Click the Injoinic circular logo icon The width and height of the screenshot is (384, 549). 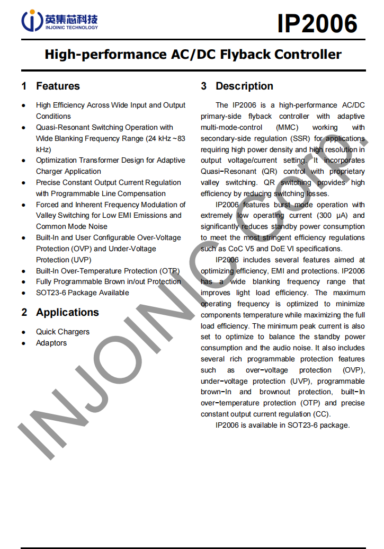point(31,21)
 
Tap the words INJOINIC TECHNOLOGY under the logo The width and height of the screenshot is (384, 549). point(72,28)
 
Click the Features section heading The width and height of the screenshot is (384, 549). point(58,86)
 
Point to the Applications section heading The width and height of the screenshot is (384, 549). point(67,312)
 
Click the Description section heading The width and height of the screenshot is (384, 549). point(244,86)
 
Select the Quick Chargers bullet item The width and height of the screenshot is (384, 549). point(62,332)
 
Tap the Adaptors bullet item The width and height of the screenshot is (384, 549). point(51,343)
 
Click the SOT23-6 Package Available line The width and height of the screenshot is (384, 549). point(82,293)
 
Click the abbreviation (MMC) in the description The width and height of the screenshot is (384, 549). point(286,127)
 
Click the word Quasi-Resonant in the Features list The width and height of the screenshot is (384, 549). point(62,127)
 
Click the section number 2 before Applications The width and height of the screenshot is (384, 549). point(24,312)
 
